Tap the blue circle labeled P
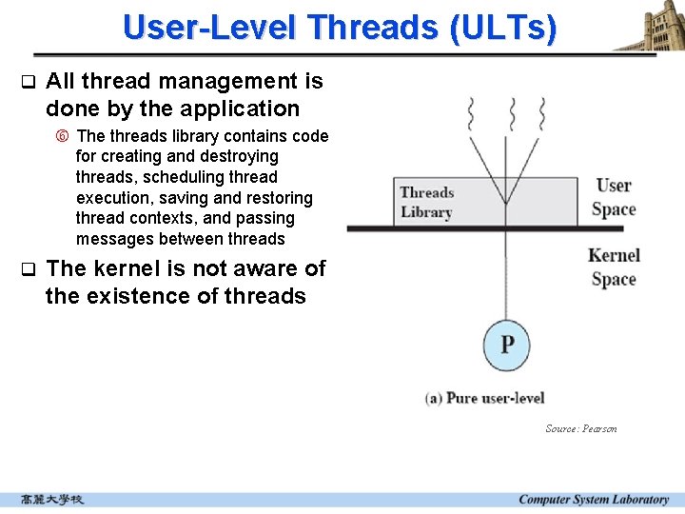tap(506, 343)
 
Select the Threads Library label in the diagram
tap(426, 202)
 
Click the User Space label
tap(614, 197)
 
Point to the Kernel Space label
tap(614, 267)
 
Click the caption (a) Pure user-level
tap(484, 398)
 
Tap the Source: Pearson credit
tap(580, 428)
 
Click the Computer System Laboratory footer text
tap(594, 500)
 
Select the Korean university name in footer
tap(52, 500)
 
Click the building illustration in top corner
tap(650, 26)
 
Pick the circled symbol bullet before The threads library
tap(62, 136)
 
